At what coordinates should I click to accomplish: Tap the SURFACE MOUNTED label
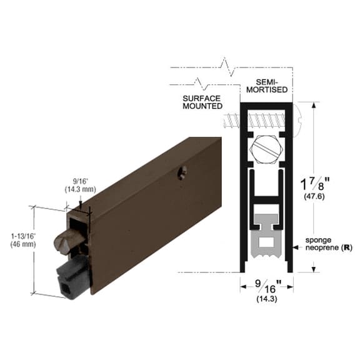(202, 102)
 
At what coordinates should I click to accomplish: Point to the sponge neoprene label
(324, 243)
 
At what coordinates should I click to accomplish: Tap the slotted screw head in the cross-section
(264, 150)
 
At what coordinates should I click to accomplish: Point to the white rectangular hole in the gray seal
(267, 240)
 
